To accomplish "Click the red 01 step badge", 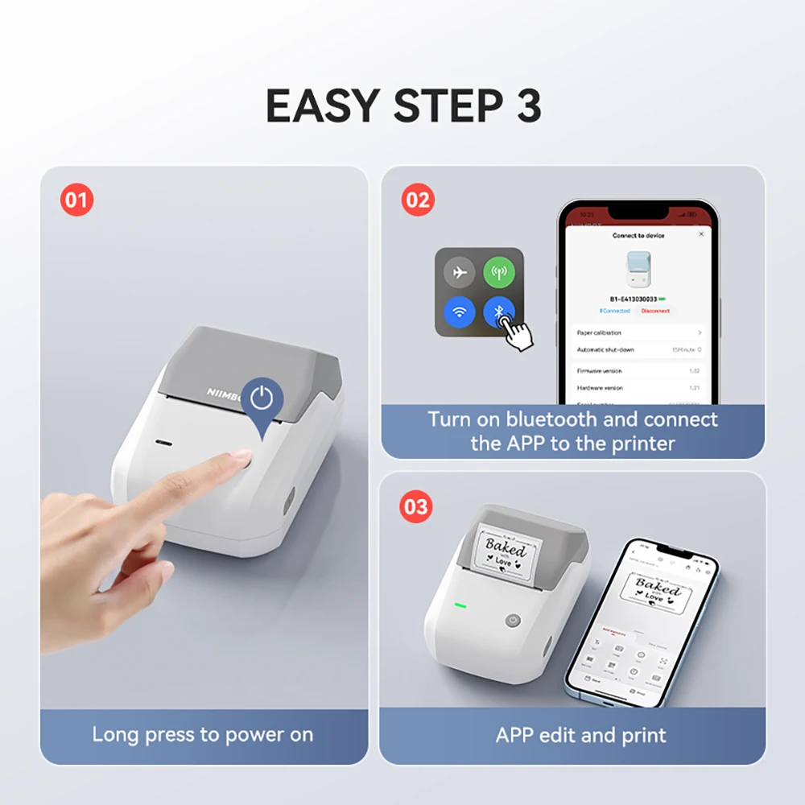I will point(77,200).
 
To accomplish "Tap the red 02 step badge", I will point(418,199).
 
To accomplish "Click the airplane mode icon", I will point(460,273).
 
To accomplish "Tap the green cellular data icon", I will point(499,273).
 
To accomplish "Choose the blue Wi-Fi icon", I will point(460,312).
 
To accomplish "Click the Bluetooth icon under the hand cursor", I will point(498,312).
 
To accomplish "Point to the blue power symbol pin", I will point(262,398).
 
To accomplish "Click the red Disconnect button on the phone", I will point(655,311).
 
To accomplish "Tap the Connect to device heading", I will point(638,235).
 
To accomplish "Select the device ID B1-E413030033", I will point(633,298).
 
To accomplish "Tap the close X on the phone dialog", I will point(700,234).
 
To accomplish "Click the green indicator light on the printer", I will point(461,606).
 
